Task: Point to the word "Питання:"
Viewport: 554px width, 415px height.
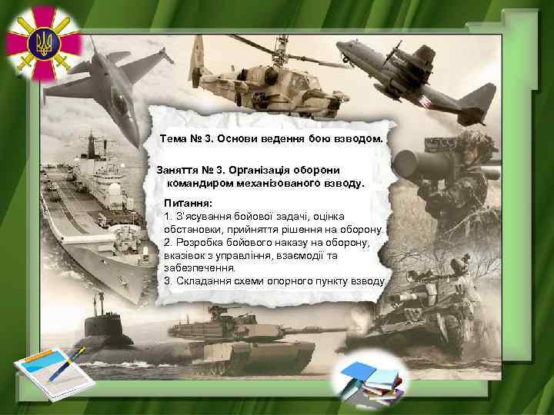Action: point(188,201)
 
